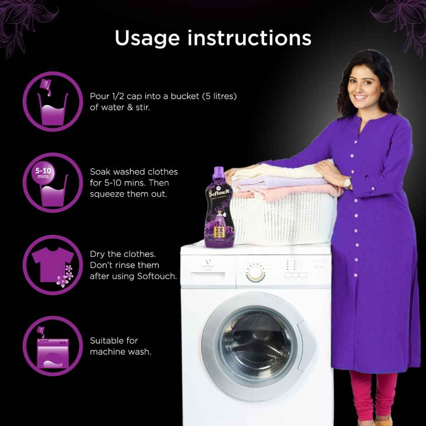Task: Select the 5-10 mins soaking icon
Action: pyautogui.click(x=53, y=183)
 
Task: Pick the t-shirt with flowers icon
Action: pyautogui.click(x=53, y=265)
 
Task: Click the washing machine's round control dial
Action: pyautogui.click(x=255, y=273)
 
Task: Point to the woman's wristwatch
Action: pyautogui.click(x=348, y=183)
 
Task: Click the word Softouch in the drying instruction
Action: pyautogui.click(x=156, y=276)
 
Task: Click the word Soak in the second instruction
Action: pyautogui.click(x=101, y=172)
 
